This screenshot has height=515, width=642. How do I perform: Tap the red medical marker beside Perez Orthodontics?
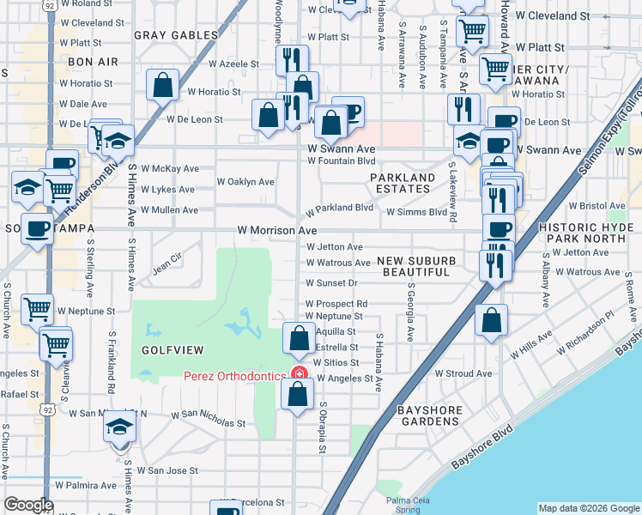(300, 374)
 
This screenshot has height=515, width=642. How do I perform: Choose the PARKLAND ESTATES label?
(403, 184)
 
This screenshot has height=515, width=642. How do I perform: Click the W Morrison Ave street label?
(277, 231)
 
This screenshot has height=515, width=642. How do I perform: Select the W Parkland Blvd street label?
(340, 208)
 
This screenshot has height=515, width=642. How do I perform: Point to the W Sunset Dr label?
(330, 282)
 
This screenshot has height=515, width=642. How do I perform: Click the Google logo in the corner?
(28, 505)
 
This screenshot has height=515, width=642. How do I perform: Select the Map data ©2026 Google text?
(588, 508)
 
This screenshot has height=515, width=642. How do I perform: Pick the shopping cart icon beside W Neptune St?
(37, 308)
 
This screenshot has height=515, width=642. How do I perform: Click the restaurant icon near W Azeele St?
(292, 60)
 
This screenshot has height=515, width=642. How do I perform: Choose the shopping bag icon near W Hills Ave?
(490, 322)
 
